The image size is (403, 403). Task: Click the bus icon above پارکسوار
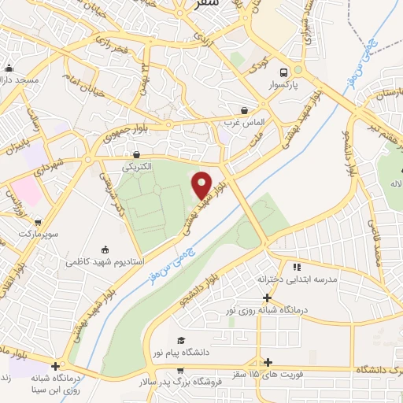(x=297, y=71)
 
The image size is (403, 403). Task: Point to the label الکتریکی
(x=138, y=167)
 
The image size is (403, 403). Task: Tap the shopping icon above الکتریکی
(x=138, y=155)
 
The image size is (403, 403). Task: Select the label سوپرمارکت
(x=31, y=235)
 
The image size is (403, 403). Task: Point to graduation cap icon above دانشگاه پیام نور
(x=182, y=341)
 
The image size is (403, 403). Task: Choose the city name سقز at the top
(x=227, y=4)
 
